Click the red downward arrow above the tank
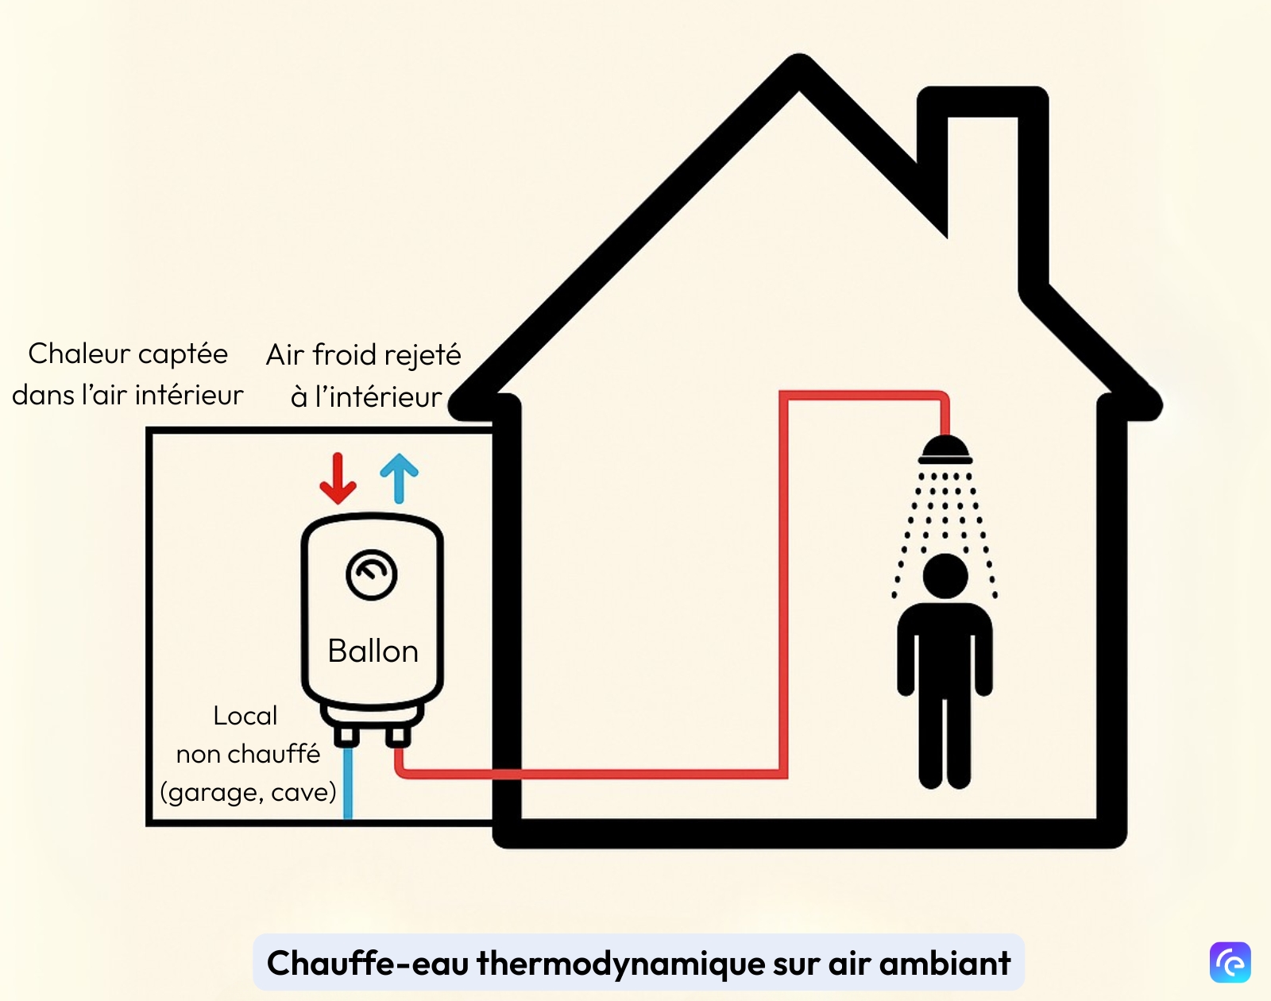coord(338,478)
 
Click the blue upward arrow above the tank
coord(399,477)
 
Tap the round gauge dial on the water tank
coord(372,574)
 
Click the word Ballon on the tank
coord(373,651)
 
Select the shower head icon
coord(945,450)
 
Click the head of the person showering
coord(945,576)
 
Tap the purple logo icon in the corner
coord(1230,962)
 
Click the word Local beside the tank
coord(245,716)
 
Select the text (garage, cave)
coord(248,792)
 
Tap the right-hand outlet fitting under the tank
coord(398,735)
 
